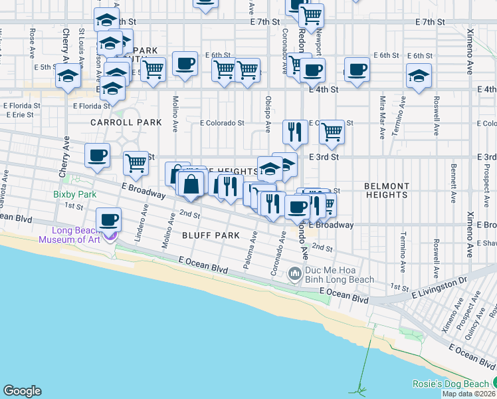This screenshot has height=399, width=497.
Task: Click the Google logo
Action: pyautogui.click(x=22, y=391)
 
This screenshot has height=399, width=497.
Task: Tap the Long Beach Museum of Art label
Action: pyautogui.click(x=73, y=235)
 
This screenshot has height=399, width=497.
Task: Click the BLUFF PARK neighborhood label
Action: pyautogui.click(x=211, y=235)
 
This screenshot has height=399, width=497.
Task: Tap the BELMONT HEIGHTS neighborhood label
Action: pyautogui.click(x=386, y=190)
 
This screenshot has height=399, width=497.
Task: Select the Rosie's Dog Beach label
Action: pyautogui.click(x=452, y=384)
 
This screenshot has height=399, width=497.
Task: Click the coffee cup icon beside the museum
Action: pyautogui.click(x=109, y=219)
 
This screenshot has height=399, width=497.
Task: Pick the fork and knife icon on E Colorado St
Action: pyautogui.click(x=294, y=132)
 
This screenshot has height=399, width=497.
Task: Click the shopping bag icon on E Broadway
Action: pyautogui.click(x=191, y=184)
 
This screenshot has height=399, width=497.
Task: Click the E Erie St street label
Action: pyautogui.click(x=20, y=114)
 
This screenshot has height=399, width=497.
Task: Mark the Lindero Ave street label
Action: pyautogui.click(x=144, y=215)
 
